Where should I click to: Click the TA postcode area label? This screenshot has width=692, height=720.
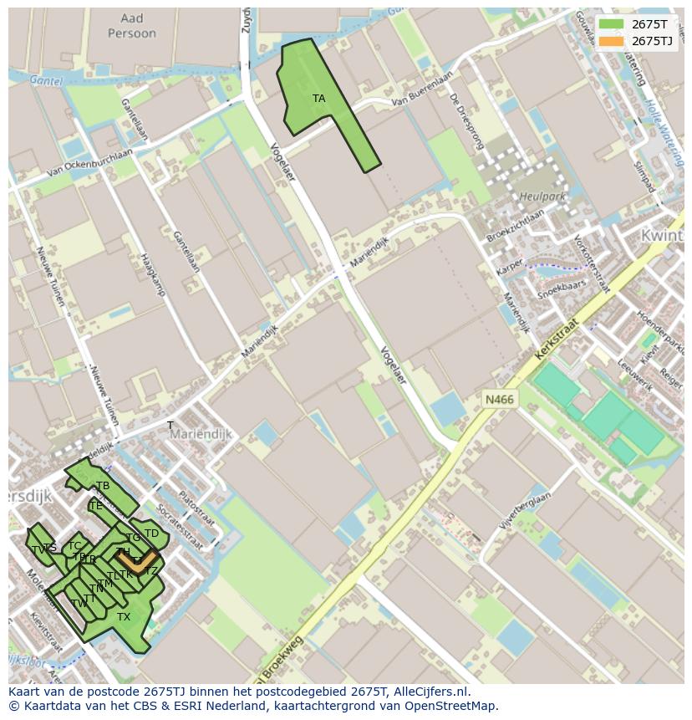(x=318, y=99)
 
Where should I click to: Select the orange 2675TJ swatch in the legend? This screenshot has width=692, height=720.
(x=612, y=41)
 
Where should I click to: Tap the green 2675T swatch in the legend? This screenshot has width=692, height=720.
(x=612, y=24)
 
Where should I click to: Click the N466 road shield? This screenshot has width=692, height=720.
(x=499, y=400)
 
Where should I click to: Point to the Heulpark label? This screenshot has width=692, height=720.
(x=542, y=197)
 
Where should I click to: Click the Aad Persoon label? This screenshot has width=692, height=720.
(x=132, y=26)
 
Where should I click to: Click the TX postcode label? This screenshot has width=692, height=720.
(x=124, y=617)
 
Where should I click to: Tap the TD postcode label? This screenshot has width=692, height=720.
(x=151, y=534)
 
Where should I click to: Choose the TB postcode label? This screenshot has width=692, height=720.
(x=103, y=486)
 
